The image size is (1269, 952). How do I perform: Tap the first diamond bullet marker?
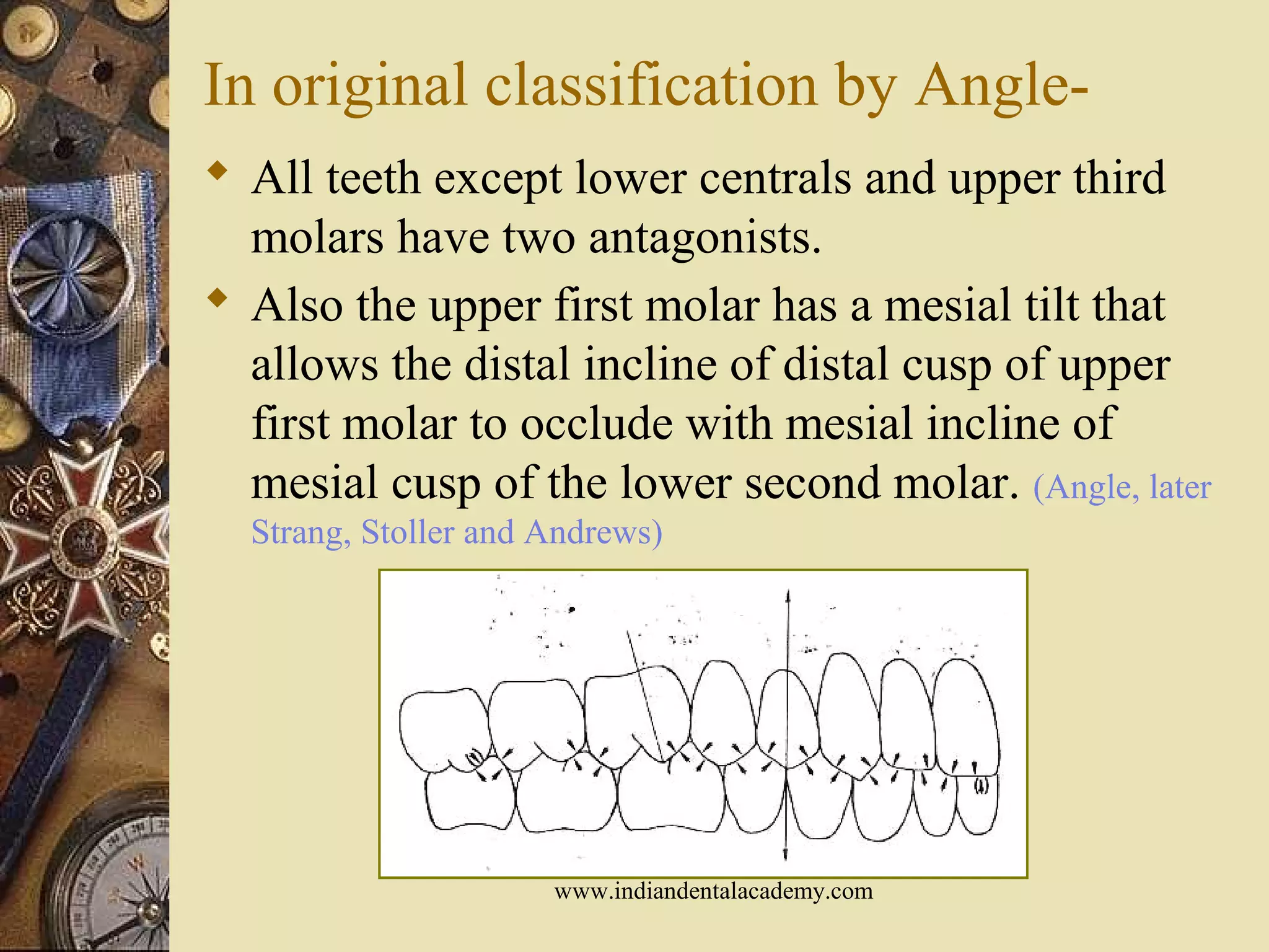[217, 171]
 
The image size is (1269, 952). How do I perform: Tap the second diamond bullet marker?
[217, 298]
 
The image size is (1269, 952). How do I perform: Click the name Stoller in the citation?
[406, 532]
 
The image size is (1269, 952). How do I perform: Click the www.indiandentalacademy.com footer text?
[713, 891]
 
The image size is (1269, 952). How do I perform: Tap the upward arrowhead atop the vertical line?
[788, 596]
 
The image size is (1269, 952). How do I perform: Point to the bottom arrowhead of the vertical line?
[786, 855]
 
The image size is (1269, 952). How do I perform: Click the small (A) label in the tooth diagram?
[980, 788]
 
